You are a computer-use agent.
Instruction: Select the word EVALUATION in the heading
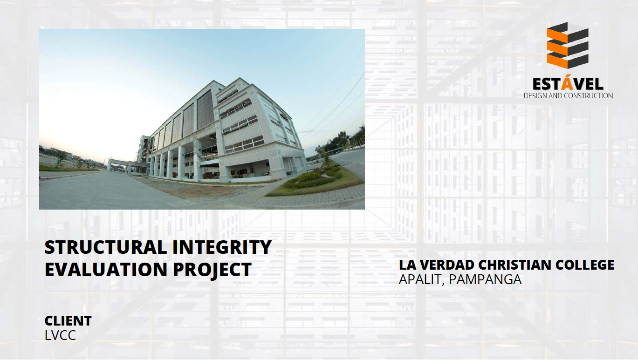click(x=106, y=269)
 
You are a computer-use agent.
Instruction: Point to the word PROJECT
click(x=212, y=270)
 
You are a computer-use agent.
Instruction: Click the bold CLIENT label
click(x=68, y=321)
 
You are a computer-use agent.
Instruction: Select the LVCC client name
click(x=61, y=335)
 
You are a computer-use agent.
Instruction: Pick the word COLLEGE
click(x=585, y=265)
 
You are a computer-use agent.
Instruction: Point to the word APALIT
click(x=422, y=280)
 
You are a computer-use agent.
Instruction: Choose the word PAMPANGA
click(x=485, y=279)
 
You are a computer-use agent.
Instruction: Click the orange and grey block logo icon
click(x=568, y=46)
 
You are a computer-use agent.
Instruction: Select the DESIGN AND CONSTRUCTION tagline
click(x=568, y=95)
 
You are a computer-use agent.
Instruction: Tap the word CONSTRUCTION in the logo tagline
click(x=589, y=95)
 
